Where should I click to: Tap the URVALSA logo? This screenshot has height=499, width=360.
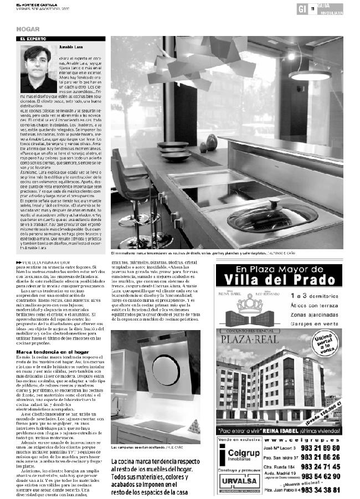(x=236, y=481)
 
